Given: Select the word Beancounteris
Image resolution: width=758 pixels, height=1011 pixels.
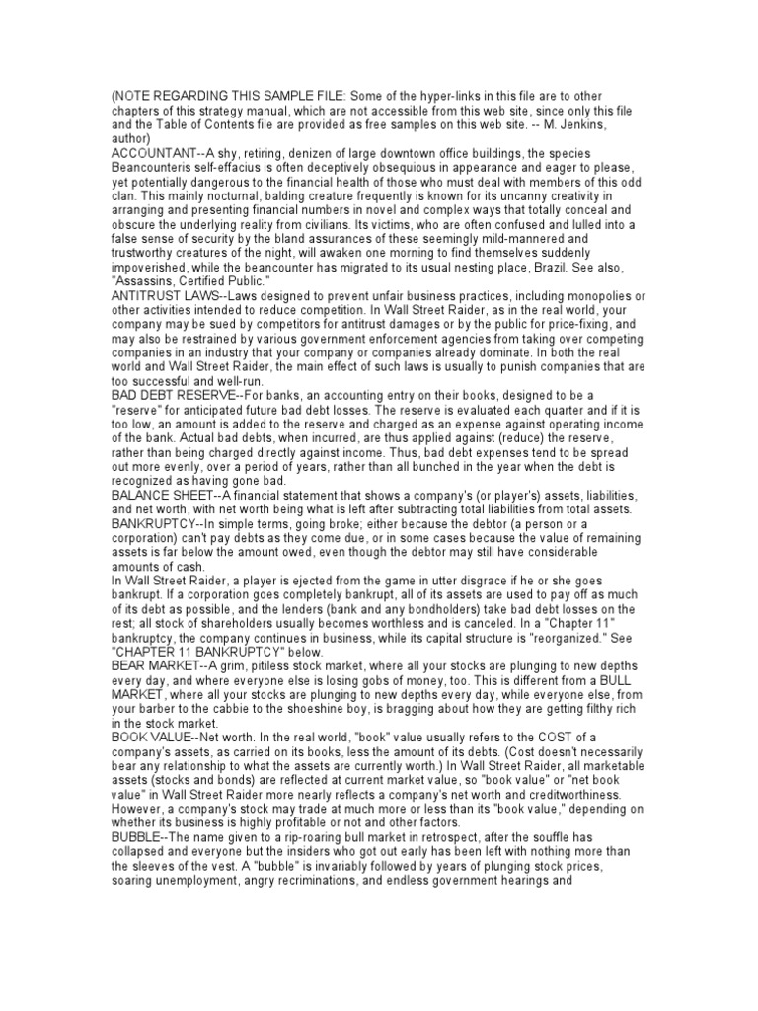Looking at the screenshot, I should [156, 168].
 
